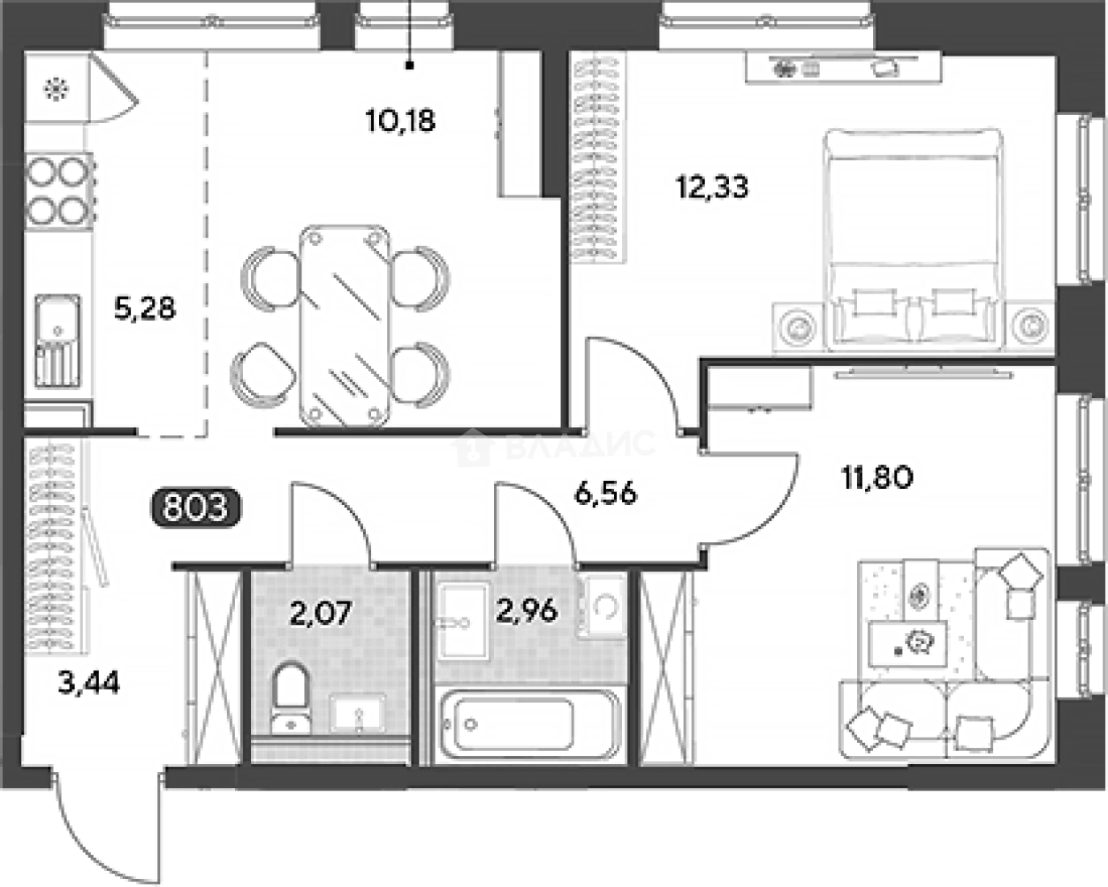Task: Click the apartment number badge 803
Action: (195, 509)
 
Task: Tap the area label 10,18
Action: (400, 120)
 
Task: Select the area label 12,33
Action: (712, 187)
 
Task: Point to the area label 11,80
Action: (877, 478)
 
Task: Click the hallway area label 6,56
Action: (605, 493)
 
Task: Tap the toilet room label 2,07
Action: (322, 612)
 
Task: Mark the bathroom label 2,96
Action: (527, 610)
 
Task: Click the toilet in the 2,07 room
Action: (290, 699)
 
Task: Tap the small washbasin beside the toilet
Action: (357, 713)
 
